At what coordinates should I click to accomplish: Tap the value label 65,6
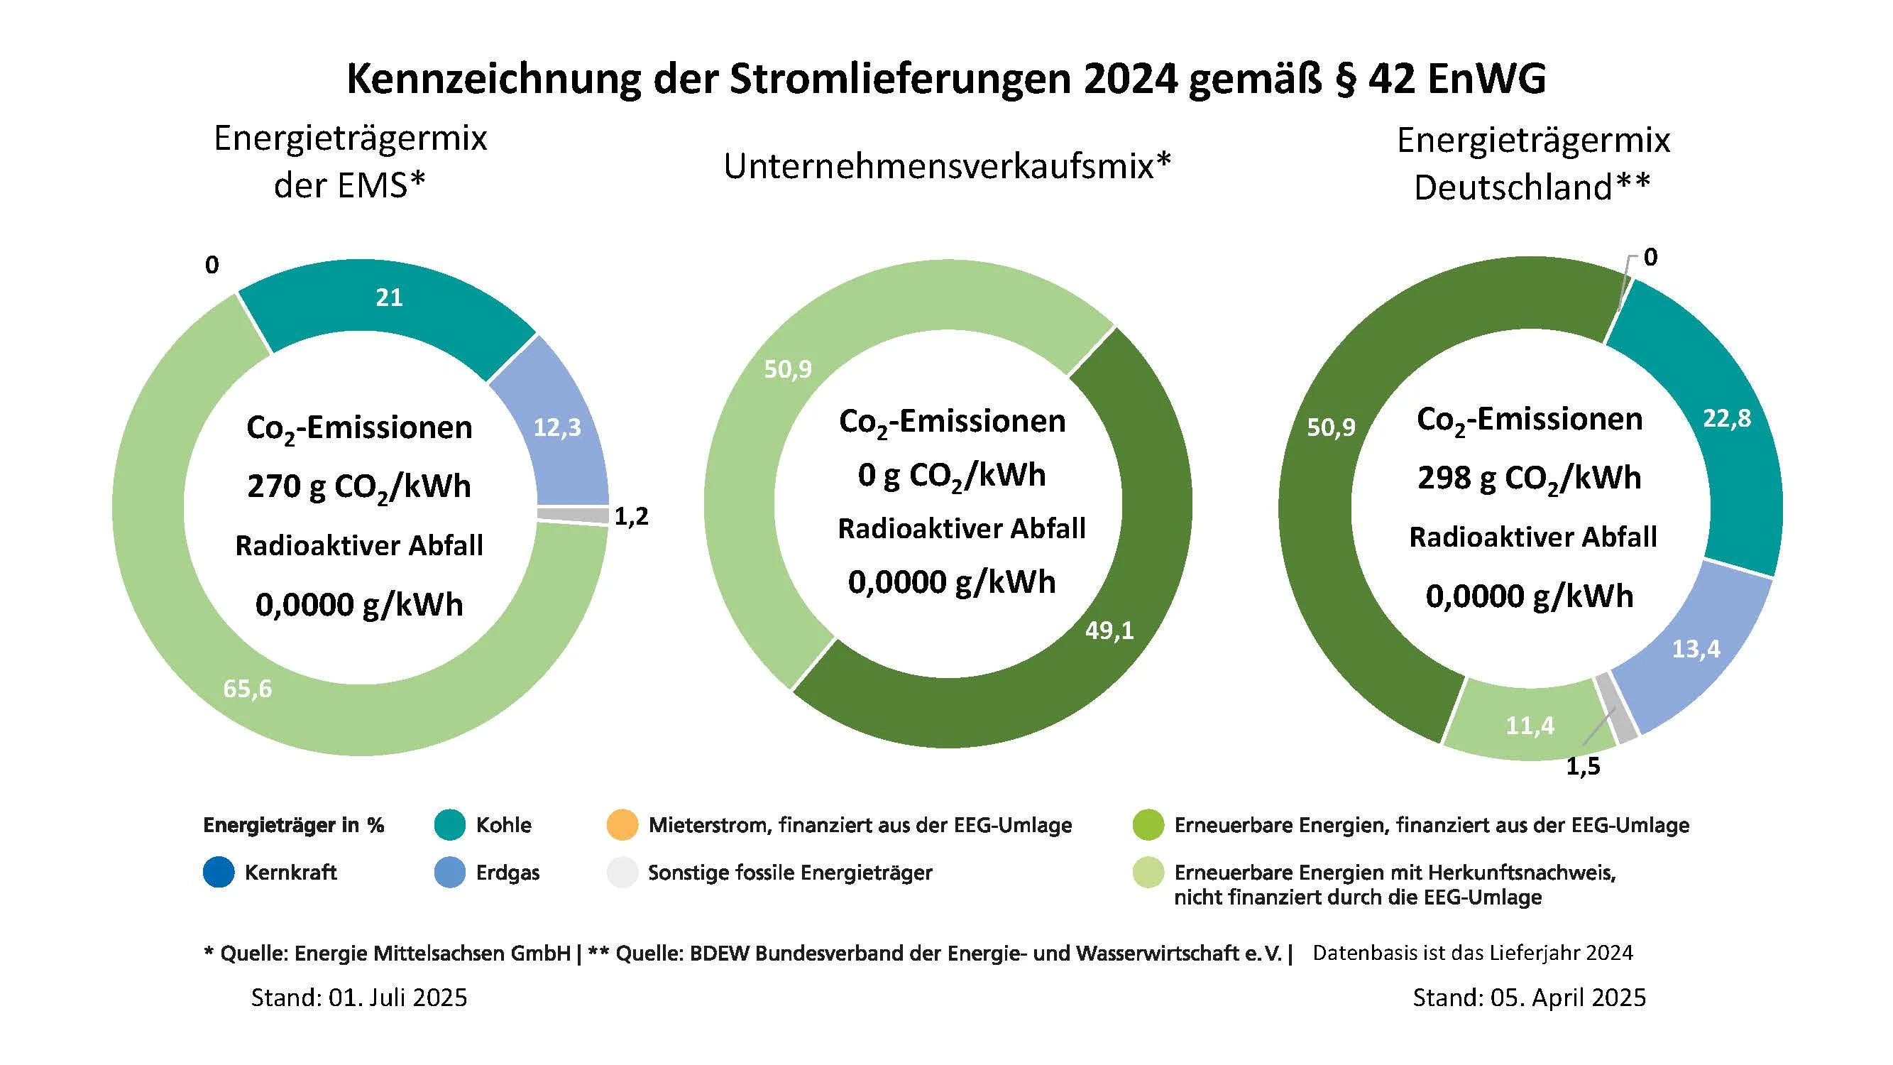[248, 689]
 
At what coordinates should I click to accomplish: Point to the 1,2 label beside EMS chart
[631, 517]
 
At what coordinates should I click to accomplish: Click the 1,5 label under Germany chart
[1583, 767]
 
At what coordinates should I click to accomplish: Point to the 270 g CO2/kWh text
[358, 486]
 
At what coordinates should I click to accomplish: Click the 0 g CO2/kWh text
[952, 476]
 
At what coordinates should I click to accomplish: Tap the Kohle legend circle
[450, 824]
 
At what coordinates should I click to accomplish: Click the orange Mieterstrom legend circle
[622, 824]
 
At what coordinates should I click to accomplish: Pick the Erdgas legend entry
[507, 873]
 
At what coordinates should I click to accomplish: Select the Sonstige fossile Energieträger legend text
[789, 873]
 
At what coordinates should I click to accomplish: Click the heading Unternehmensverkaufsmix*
[947, 166]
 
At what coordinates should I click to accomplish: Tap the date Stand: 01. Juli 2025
[358, 998]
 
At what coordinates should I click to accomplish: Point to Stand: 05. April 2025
[1528, 998]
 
